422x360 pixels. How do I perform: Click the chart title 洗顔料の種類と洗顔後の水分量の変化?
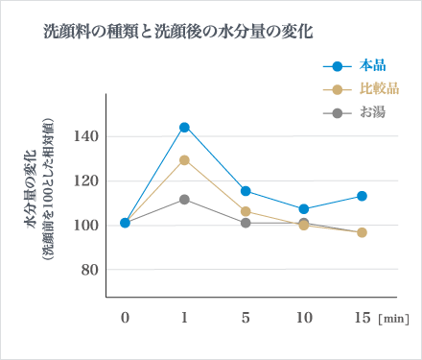179,31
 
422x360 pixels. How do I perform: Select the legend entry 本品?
373,66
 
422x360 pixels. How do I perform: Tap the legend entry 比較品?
379,89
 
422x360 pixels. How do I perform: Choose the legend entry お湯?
373,112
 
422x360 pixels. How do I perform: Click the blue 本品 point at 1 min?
184,127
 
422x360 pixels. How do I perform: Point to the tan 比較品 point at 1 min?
184,159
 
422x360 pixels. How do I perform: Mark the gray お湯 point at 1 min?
184,199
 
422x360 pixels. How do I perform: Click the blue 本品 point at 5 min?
246,191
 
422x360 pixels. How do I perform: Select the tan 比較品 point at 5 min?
246,211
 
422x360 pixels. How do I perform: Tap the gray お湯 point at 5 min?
246,223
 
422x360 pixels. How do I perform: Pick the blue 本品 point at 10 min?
304,208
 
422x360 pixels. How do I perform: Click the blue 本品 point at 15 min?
362,196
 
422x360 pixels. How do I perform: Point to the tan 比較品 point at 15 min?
362,232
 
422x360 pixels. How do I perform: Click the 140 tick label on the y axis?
87,136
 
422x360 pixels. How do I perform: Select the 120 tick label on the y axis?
87,180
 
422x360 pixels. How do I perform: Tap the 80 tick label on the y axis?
90,270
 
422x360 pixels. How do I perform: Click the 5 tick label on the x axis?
246,318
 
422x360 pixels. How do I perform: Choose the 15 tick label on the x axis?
362,318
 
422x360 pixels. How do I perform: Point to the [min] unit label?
394,319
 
